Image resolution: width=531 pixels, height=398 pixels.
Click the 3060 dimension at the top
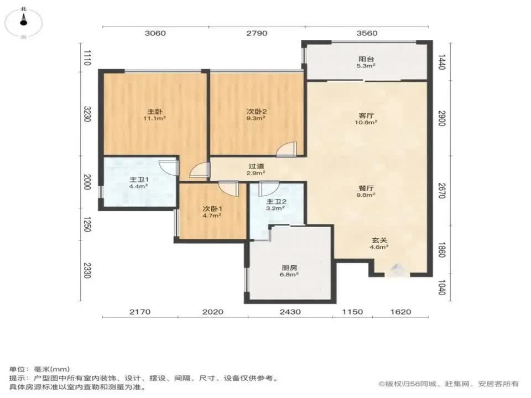coord(155,33)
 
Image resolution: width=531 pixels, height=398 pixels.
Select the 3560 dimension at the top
coord(367,33)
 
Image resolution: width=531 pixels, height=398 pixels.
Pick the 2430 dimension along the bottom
coord(290,312)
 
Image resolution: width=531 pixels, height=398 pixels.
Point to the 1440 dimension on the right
coord(441,61)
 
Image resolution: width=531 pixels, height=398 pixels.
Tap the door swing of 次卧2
coord(287,149)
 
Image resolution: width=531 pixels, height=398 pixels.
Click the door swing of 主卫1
coord(168,166)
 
